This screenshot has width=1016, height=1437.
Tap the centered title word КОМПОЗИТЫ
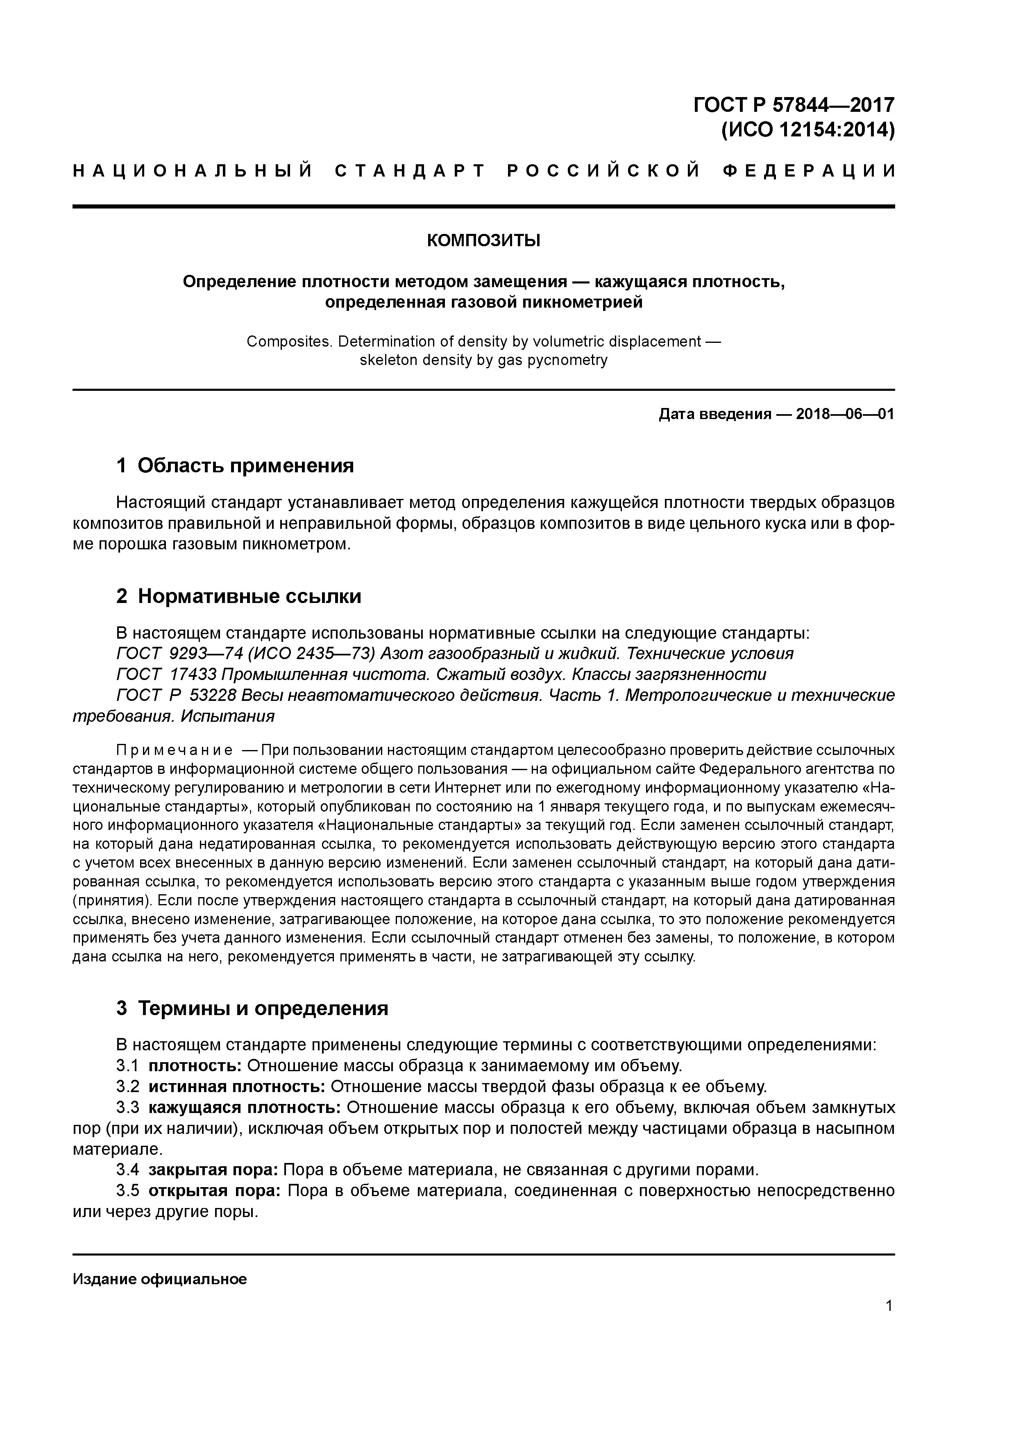pyautogui.click(x=483, y=240)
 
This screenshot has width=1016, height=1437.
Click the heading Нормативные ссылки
pyautogui.click(x=249, y=596)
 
